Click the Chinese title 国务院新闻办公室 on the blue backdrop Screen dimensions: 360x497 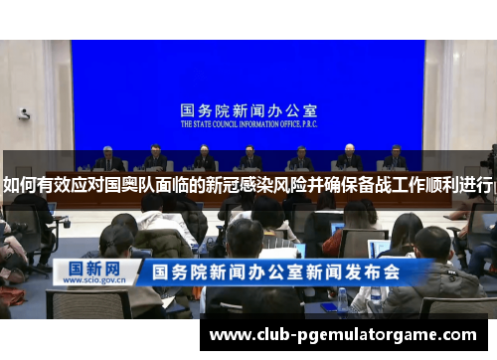tap(248, 111)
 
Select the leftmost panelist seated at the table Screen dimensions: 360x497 tap(108, 159)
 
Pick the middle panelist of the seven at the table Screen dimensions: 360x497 tap(250, 159)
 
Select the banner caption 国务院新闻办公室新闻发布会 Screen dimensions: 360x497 tap(274, 271)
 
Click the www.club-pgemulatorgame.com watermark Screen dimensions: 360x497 tap(343, 334)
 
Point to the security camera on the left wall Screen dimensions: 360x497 tap(23, 113)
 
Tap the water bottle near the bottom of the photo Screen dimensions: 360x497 tap(343, 299)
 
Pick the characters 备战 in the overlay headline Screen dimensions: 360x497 tap(380, 184)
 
